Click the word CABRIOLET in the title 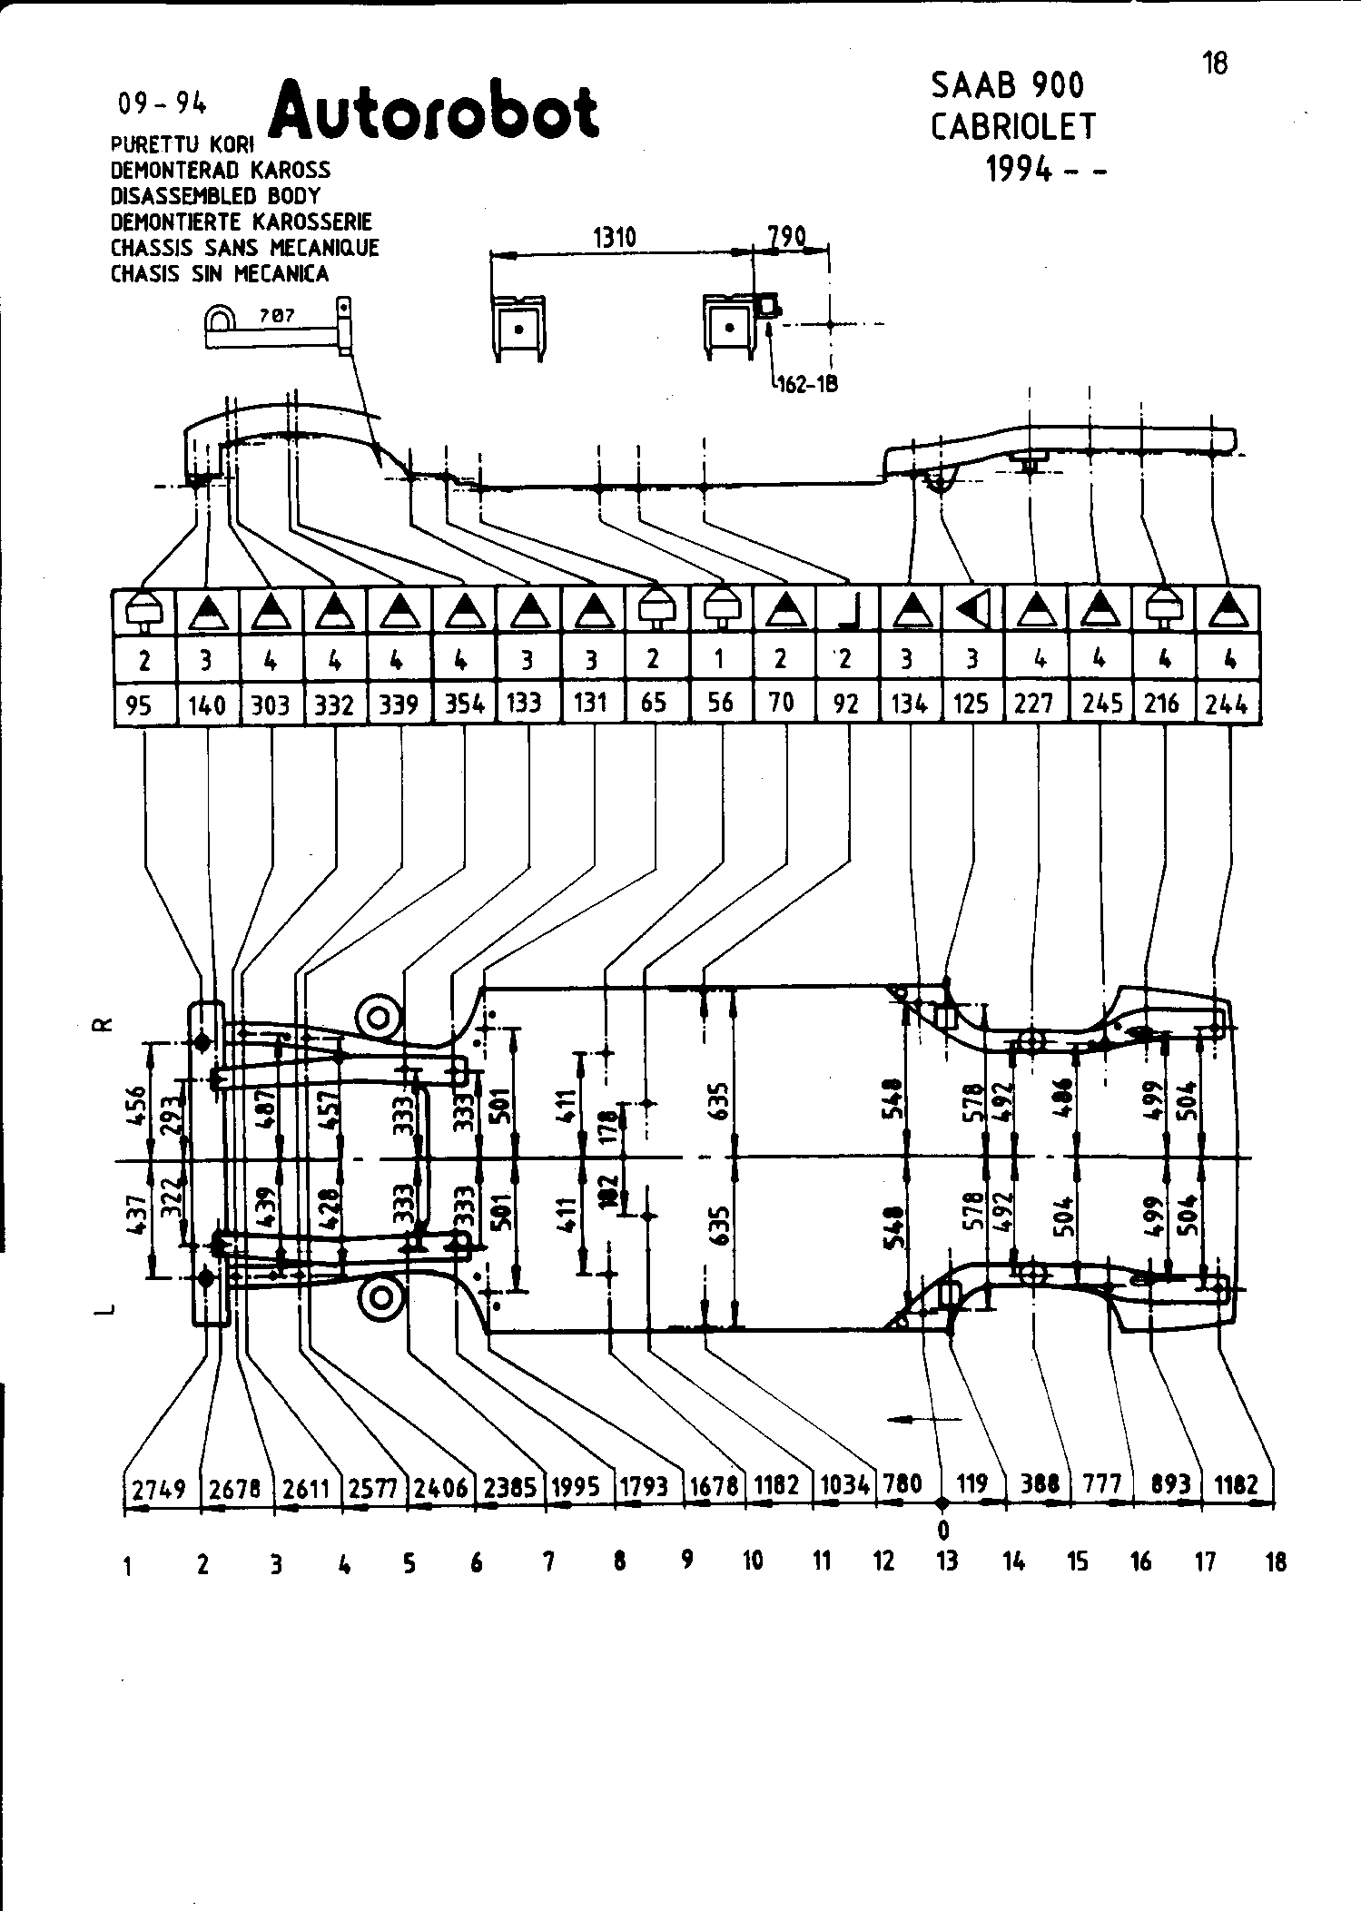tap(1014, 127)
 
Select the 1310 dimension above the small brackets tap(615, 238)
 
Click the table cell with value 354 tap(464, 704)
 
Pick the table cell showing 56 tap(720, 703)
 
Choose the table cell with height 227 tap(1034, 704)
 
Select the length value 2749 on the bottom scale tap(160, 1488)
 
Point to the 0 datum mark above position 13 tap(943, 1531)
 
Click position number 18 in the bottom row tap(1276, 1562)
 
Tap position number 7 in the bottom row tap(548, 1562)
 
